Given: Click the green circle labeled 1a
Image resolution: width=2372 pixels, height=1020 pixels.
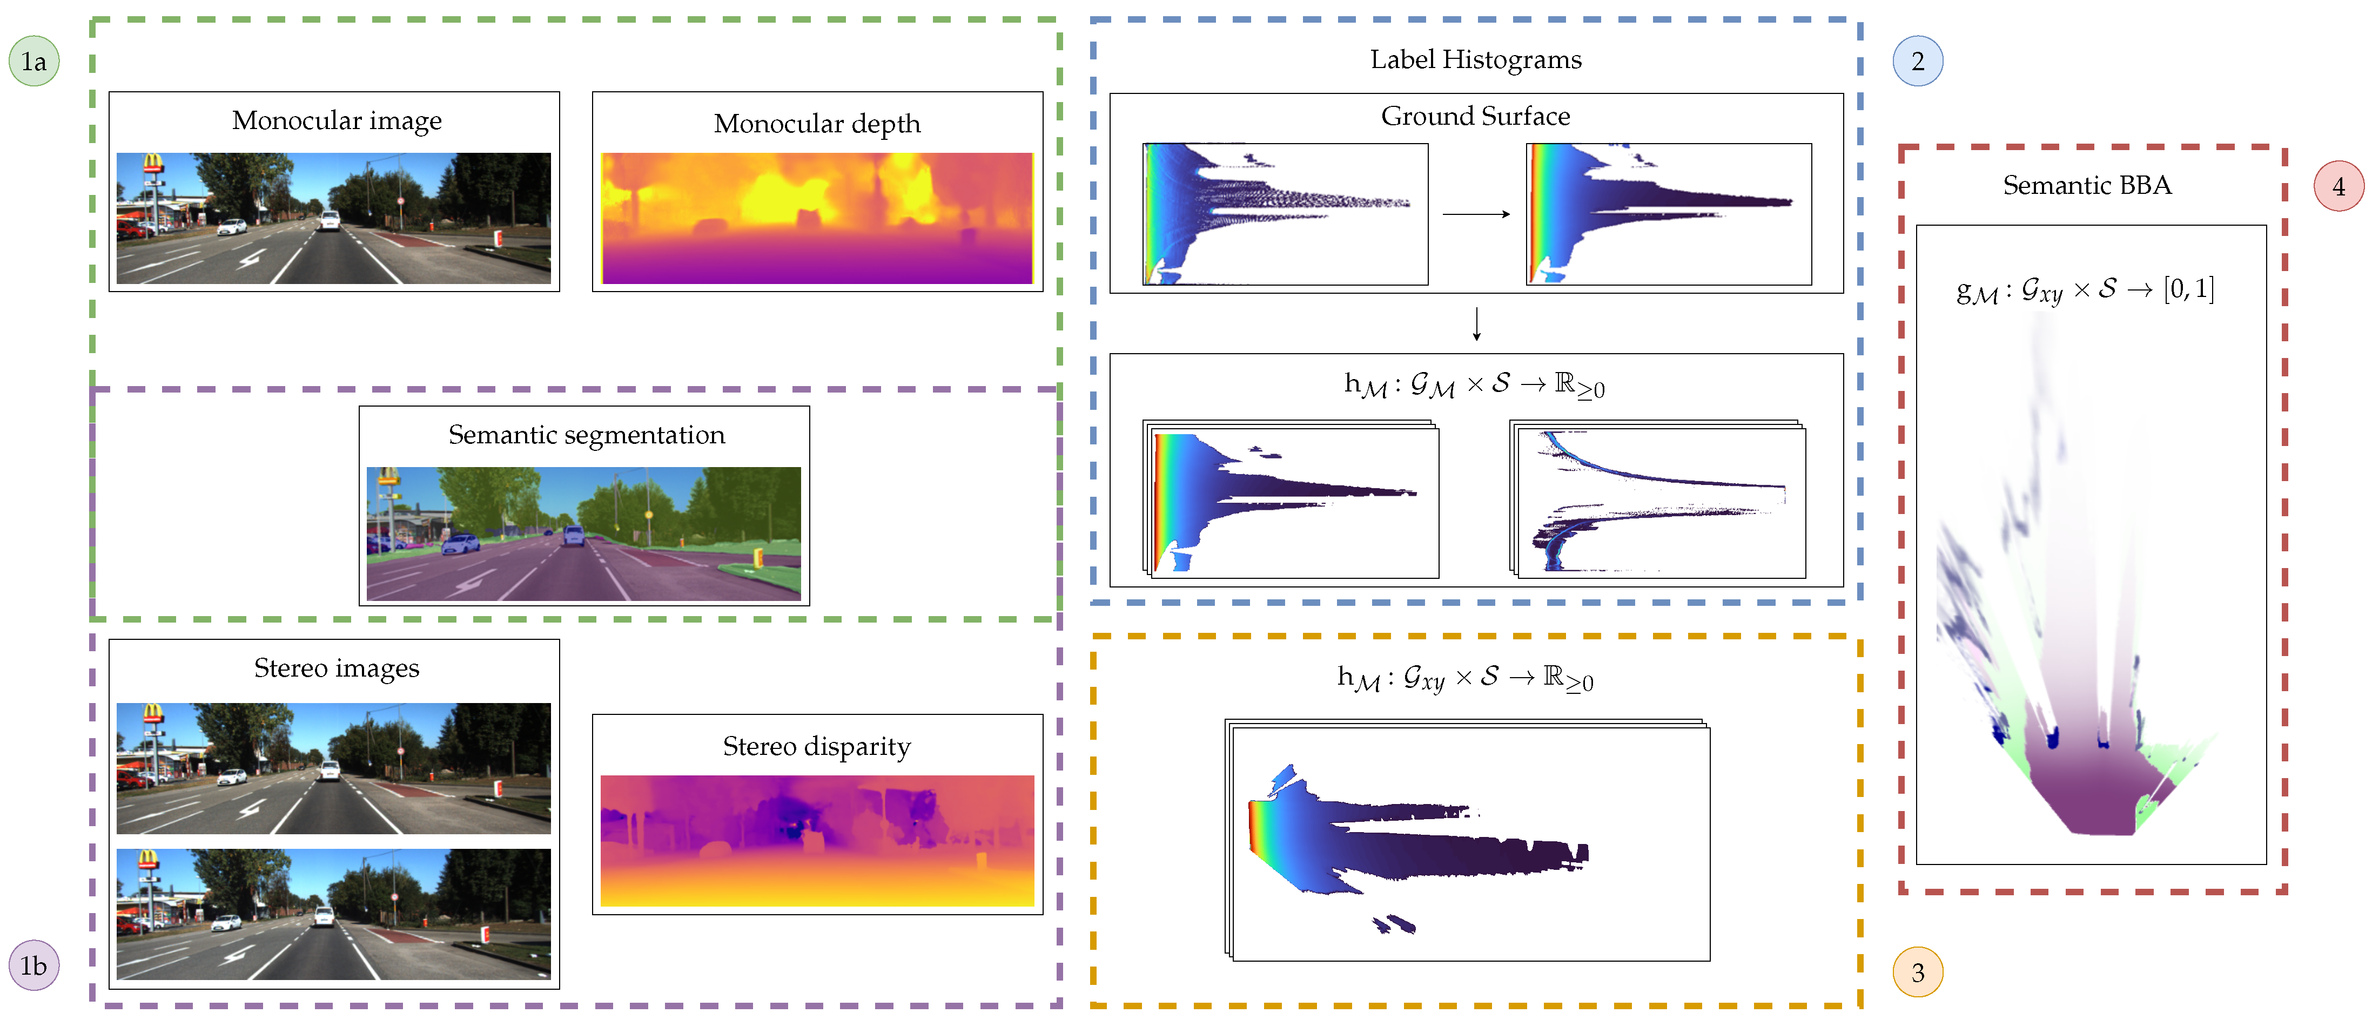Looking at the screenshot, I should coord(34,62).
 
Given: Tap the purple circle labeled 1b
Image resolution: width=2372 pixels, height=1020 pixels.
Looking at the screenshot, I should coord(34,965).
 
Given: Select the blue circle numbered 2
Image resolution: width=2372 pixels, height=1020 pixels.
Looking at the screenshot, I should coord(1917,62).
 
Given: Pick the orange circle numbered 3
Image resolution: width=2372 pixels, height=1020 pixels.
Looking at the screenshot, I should coord(1917,972).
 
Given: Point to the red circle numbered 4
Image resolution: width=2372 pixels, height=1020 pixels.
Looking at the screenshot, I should coord(2338,186).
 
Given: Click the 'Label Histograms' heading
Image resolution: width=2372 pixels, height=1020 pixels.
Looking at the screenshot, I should coord(1475,60).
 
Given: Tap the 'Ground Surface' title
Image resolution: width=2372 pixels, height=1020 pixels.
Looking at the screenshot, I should coord(1475,116).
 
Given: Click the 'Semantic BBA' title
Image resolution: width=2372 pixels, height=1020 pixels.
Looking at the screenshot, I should coord(2087,186).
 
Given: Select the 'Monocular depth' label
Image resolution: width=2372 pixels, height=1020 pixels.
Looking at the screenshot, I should coord(817,123).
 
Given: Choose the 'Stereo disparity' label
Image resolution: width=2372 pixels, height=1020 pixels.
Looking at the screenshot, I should coord(817,746).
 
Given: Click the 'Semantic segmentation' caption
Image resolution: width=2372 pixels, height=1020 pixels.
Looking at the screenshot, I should coord(587,435).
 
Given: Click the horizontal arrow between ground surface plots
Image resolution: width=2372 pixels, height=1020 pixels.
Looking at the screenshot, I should coord(1475,214).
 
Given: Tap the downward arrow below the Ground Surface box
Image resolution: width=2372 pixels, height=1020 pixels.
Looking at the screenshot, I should coord(1476,324).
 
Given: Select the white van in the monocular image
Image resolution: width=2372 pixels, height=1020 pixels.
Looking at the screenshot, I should coord(330,221).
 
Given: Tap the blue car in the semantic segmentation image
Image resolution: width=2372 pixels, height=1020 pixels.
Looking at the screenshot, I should coord(460,544).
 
